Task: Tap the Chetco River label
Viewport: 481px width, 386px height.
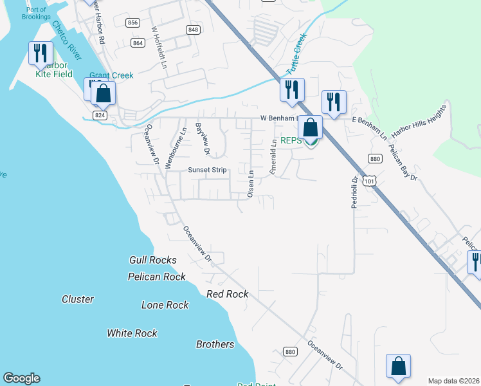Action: (x=66, y=38)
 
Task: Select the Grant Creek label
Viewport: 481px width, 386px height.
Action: (x=112, y=75)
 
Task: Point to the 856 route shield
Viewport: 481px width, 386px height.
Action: (x=132, y=23)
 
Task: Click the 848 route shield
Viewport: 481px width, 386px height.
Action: (x=193, y=30)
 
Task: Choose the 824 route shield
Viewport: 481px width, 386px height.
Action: (x=98, y=115)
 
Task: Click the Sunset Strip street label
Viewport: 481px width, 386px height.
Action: (x=207, y=170)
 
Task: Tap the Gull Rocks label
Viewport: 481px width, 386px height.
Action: (x=153, y=260)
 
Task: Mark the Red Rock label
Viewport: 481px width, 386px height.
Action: (x=228, y=294)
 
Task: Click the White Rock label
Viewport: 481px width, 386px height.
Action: (x=132, y=333)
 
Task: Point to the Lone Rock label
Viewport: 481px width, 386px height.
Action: (x=165, y=305)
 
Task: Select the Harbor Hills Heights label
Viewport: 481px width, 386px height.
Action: (x=419, y=121)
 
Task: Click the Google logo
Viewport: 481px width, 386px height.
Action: (x=21, y=378)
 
